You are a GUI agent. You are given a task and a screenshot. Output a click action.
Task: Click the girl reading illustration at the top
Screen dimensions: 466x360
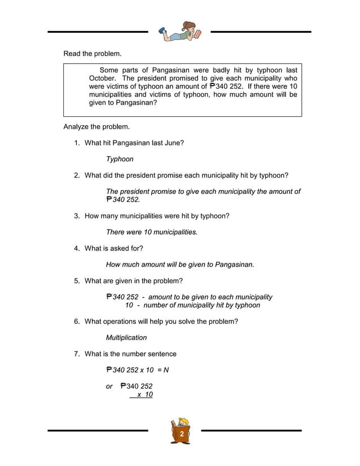tap(179, 32)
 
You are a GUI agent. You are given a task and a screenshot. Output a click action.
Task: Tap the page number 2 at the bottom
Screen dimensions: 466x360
tap(182, 434)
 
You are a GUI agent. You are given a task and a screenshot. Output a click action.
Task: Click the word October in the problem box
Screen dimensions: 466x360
tap(103, 78)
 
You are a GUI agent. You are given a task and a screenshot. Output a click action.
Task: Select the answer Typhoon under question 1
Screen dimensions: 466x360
tap(120, 159)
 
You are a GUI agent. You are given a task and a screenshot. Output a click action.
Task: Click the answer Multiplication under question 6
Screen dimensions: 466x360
tap(126, 337)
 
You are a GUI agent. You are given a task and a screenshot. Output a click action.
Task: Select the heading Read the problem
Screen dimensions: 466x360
tap(92, 54)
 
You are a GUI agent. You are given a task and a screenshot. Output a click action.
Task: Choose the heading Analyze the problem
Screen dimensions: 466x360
tap(96, 126)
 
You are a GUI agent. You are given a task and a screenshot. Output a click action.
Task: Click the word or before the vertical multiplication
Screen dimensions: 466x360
tap(109, 386)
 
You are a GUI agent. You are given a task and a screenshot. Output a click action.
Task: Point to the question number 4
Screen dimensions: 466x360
tap(77, 248)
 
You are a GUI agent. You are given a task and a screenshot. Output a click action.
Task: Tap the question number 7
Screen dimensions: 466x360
tap(77, 354)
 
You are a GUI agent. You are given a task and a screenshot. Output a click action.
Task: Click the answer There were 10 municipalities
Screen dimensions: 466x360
tap(152, 232)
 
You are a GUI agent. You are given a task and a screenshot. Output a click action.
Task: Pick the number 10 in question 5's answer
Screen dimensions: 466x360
tap(129, 305)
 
